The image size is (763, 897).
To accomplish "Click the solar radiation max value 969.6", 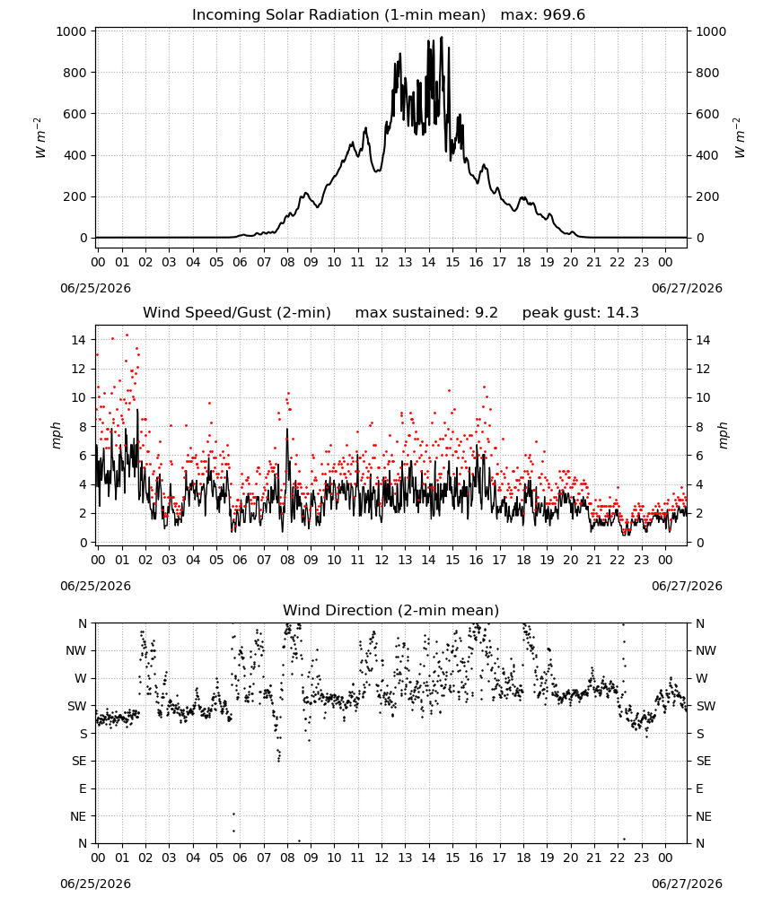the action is tap(564, 15).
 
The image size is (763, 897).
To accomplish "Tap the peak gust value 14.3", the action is tap(620, 313).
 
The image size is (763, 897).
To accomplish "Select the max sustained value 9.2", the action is tap(486, 313).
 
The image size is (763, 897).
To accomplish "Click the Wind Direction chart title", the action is tap(391, 610).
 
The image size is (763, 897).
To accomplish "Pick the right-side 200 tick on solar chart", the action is tap(707, 196).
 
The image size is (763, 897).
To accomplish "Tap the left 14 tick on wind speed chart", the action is tap(78, 340).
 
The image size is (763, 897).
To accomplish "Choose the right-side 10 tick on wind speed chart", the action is tap(703, 397).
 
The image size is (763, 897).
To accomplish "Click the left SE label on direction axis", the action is tap(79, 761).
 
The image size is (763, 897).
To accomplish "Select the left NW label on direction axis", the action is tap(76, 650).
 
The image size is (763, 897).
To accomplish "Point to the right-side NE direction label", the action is tap(704, 816).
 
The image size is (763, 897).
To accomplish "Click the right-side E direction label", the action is tap(699, 788).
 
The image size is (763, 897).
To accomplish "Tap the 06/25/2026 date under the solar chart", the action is tap(95, 288).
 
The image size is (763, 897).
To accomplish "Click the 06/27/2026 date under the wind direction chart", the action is tap(687, 884).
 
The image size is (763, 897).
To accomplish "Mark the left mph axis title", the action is tap(56, 435).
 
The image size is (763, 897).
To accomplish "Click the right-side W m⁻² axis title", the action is tap(739, 138).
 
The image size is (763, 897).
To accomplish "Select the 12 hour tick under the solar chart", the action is tap(381, 263).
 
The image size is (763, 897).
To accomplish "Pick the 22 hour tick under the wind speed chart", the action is tap(617, 560).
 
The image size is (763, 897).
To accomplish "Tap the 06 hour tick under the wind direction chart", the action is tap(240, 858).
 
